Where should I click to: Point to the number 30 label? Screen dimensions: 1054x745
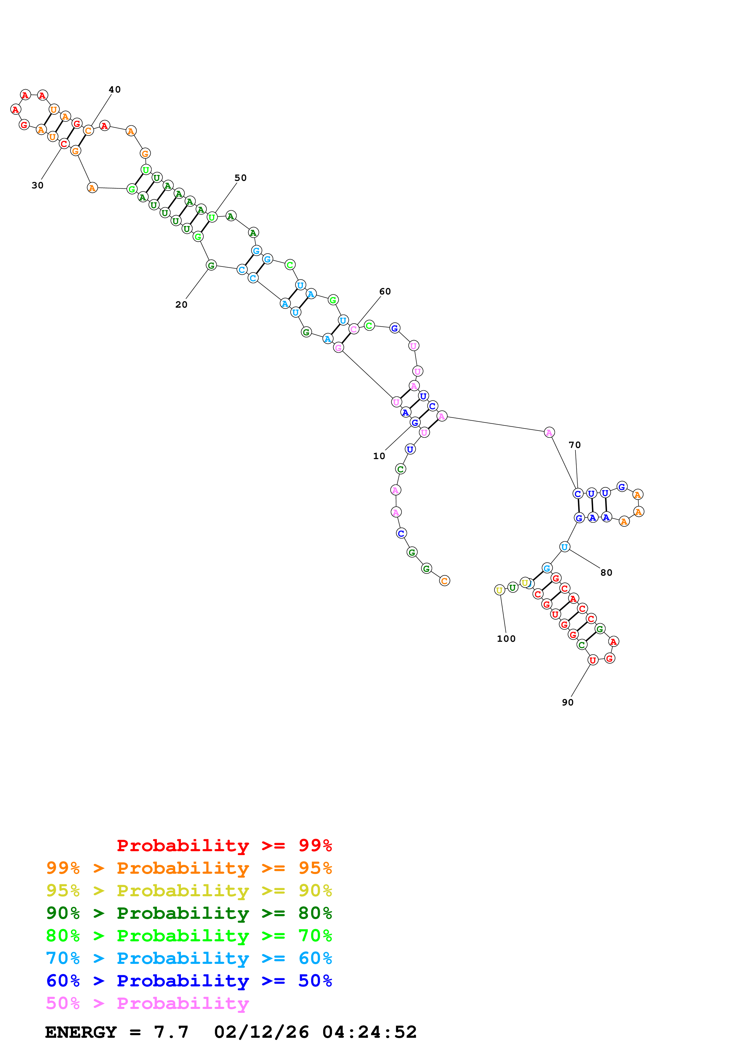pyautogui.click(x=38, y=185)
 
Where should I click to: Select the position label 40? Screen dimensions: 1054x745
pyautogui.click(x=115, y=90)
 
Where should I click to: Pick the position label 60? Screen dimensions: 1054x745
pyautogui.click(x=385, y=291)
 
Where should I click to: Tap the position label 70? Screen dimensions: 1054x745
pyautogui.click(x=575, y=445)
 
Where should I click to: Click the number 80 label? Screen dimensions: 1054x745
pyautogui.click(x=606, y=572)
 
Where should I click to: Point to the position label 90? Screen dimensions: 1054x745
pyautogui.click(x=568, y=702)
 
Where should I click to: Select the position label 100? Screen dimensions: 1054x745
pyautogui.click(x=506, y=638)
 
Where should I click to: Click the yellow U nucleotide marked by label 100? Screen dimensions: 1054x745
pyautogui.click(x=499, y=590)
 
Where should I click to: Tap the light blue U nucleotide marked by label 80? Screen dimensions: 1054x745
pyautogui.click(x=565, y=547)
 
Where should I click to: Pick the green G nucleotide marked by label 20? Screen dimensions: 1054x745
pyautogui.click(x=211, y=265)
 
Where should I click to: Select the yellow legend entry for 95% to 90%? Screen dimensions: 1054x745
pyautogui.click(x=189, y=890)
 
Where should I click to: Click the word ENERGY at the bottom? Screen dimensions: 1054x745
pyautogui.click(x=81, y=1032)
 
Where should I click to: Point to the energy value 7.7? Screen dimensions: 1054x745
pyautogui.click(x=171, y=1032)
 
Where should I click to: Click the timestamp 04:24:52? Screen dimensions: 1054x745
pyautogui.click(x=370, y=1032)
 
